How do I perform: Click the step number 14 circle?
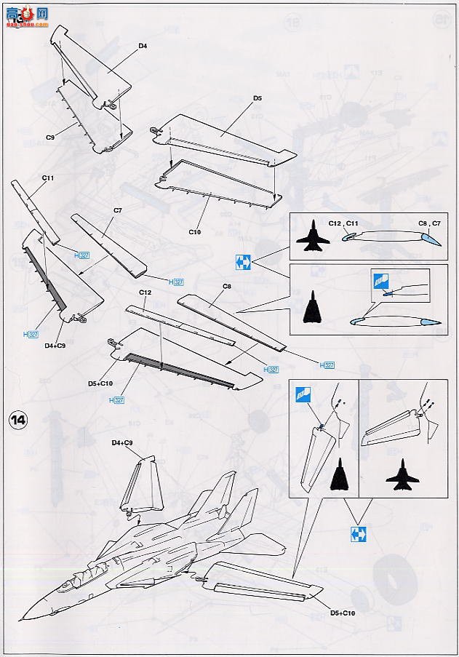[19, 420]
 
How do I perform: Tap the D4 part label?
[143, 46]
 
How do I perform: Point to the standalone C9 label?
[51, 136]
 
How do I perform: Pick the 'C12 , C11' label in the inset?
[345, 223]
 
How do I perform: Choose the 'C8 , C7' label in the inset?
[428, 223]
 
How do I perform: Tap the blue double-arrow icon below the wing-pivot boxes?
[357, 533]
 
